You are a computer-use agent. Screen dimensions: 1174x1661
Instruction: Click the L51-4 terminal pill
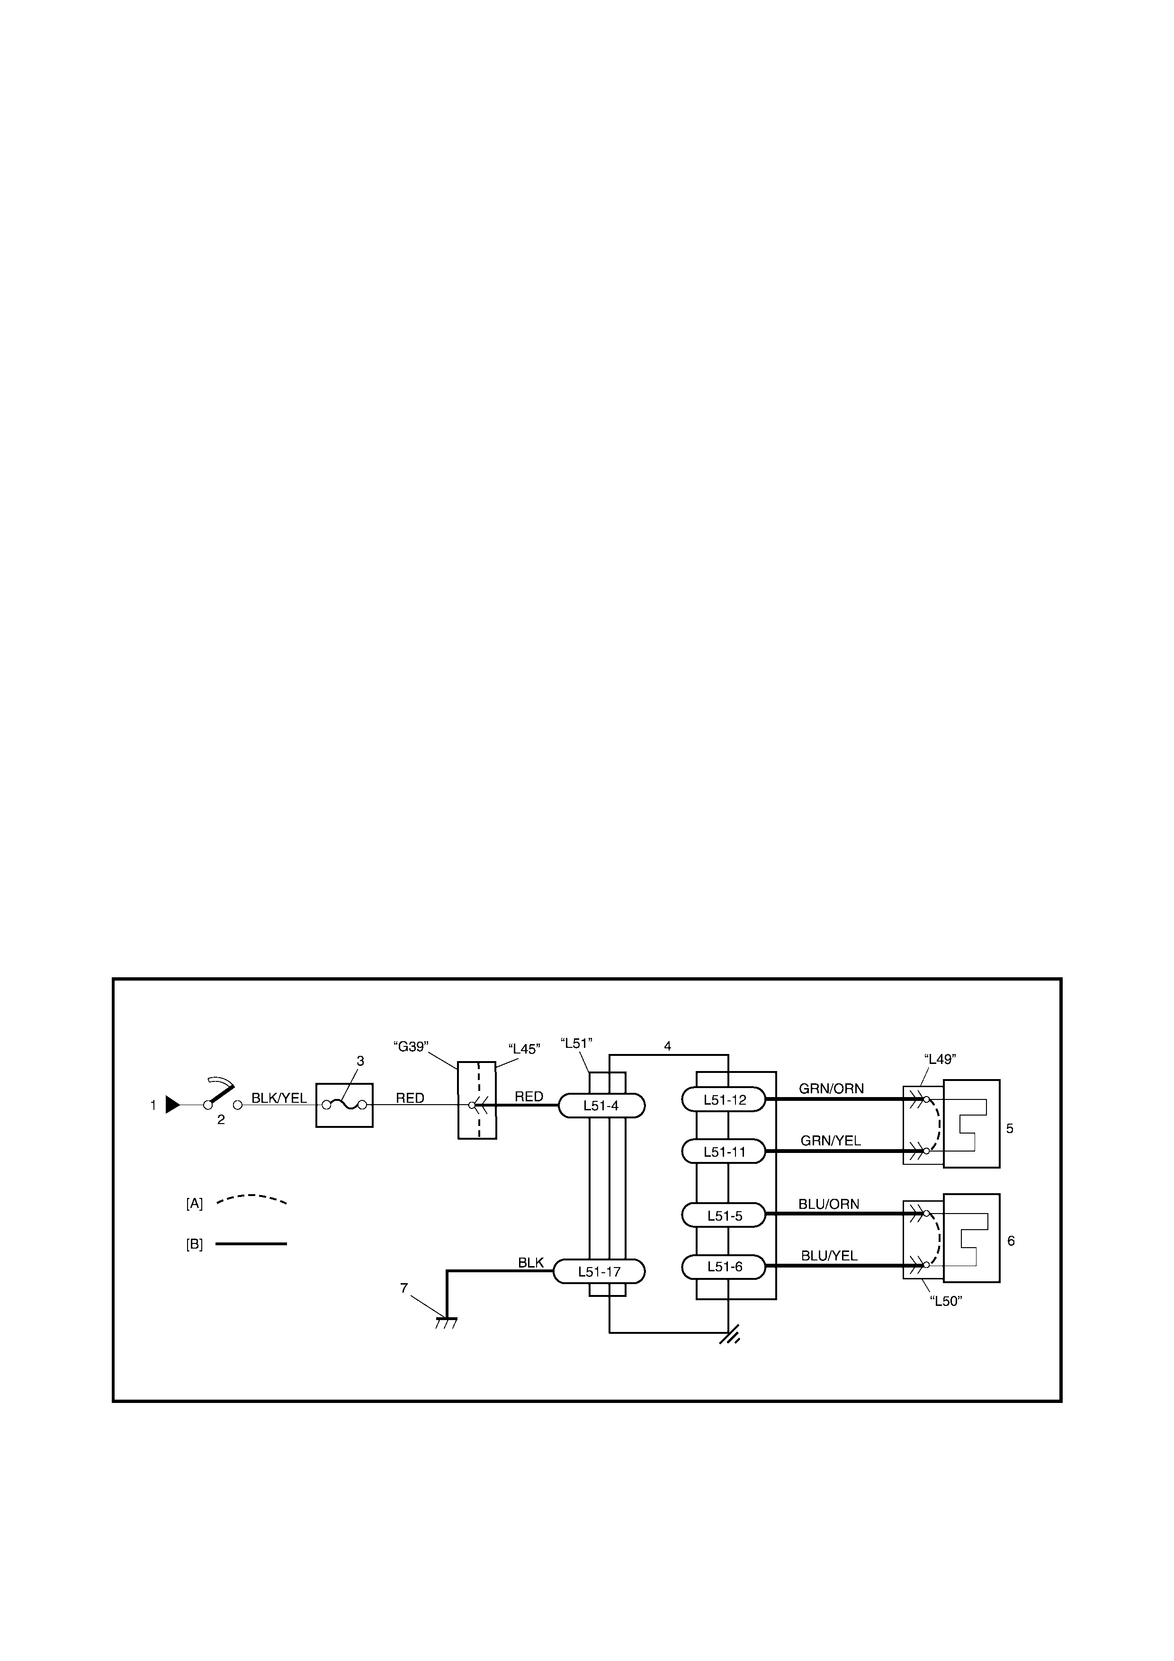(x=601, y=1106)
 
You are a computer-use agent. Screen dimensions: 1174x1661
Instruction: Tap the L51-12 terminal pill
(x=723, y=1099)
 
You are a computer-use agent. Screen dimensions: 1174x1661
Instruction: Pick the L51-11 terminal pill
(x=723, y=1151)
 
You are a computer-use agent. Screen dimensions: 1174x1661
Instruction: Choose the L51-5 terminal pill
(x=723, y=1215)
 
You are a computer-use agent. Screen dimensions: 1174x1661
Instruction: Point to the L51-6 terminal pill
(x=723, y=1267)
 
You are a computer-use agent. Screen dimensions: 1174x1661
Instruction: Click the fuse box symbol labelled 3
(x=344, y=1105)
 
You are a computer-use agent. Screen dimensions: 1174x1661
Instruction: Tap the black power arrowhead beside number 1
(x=173, y=1105)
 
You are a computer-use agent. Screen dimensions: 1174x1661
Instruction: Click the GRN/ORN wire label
(x=831, y=1088)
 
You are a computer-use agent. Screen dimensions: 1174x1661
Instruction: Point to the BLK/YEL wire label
(x=279, y=1098)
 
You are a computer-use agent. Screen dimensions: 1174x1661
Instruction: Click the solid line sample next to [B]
(x=252, y=1243)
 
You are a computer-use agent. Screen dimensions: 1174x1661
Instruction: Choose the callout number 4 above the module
(x=668, y=1046)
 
